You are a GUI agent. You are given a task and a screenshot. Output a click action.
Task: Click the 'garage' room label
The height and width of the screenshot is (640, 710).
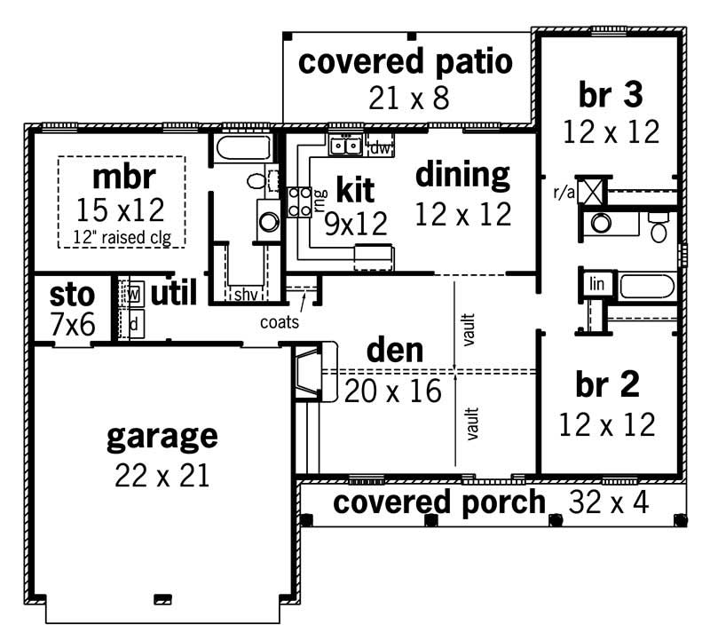click(162, 436)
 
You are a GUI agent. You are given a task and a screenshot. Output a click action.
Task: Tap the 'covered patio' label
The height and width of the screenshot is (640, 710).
click(405, 63)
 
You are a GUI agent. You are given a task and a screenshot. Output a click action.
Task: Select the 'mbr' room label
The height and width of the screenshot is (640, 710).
click(122, 174)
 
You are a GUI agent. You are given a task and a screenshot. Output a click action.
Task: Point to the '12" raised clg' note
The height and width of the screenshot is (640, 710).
click(122, 237)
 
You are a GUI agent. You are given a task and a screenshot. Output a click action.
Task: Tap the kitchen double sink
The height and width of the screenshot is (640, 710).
click(345, 145)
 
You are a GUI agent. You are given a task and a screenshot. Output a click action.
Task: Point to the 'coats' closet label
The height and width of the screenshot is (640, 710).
click(280, 322)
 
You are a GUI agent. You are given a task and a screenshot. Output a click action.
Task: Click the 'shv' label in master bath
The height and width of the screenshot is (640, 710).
click(244, 295)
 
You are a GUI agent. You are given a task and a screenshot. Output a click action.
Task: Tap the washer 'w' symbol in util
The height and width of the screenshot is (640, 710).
click(134, 293)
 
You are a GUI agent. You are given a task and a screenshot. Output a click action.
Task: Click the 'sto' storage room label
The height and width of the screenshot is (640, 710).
click(72, 294)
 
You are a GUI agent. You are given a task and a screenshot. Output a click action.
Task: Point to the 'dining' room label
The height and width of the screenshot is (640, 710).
click(463, 175)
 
